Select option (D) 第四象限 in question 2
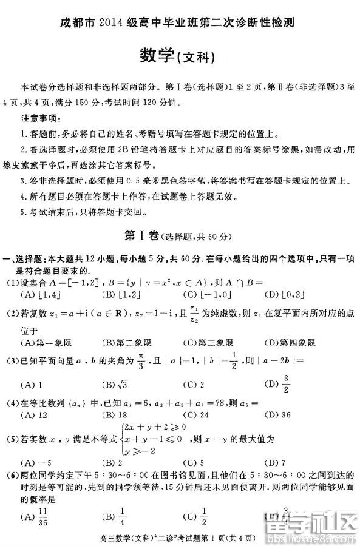(289, 343)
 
